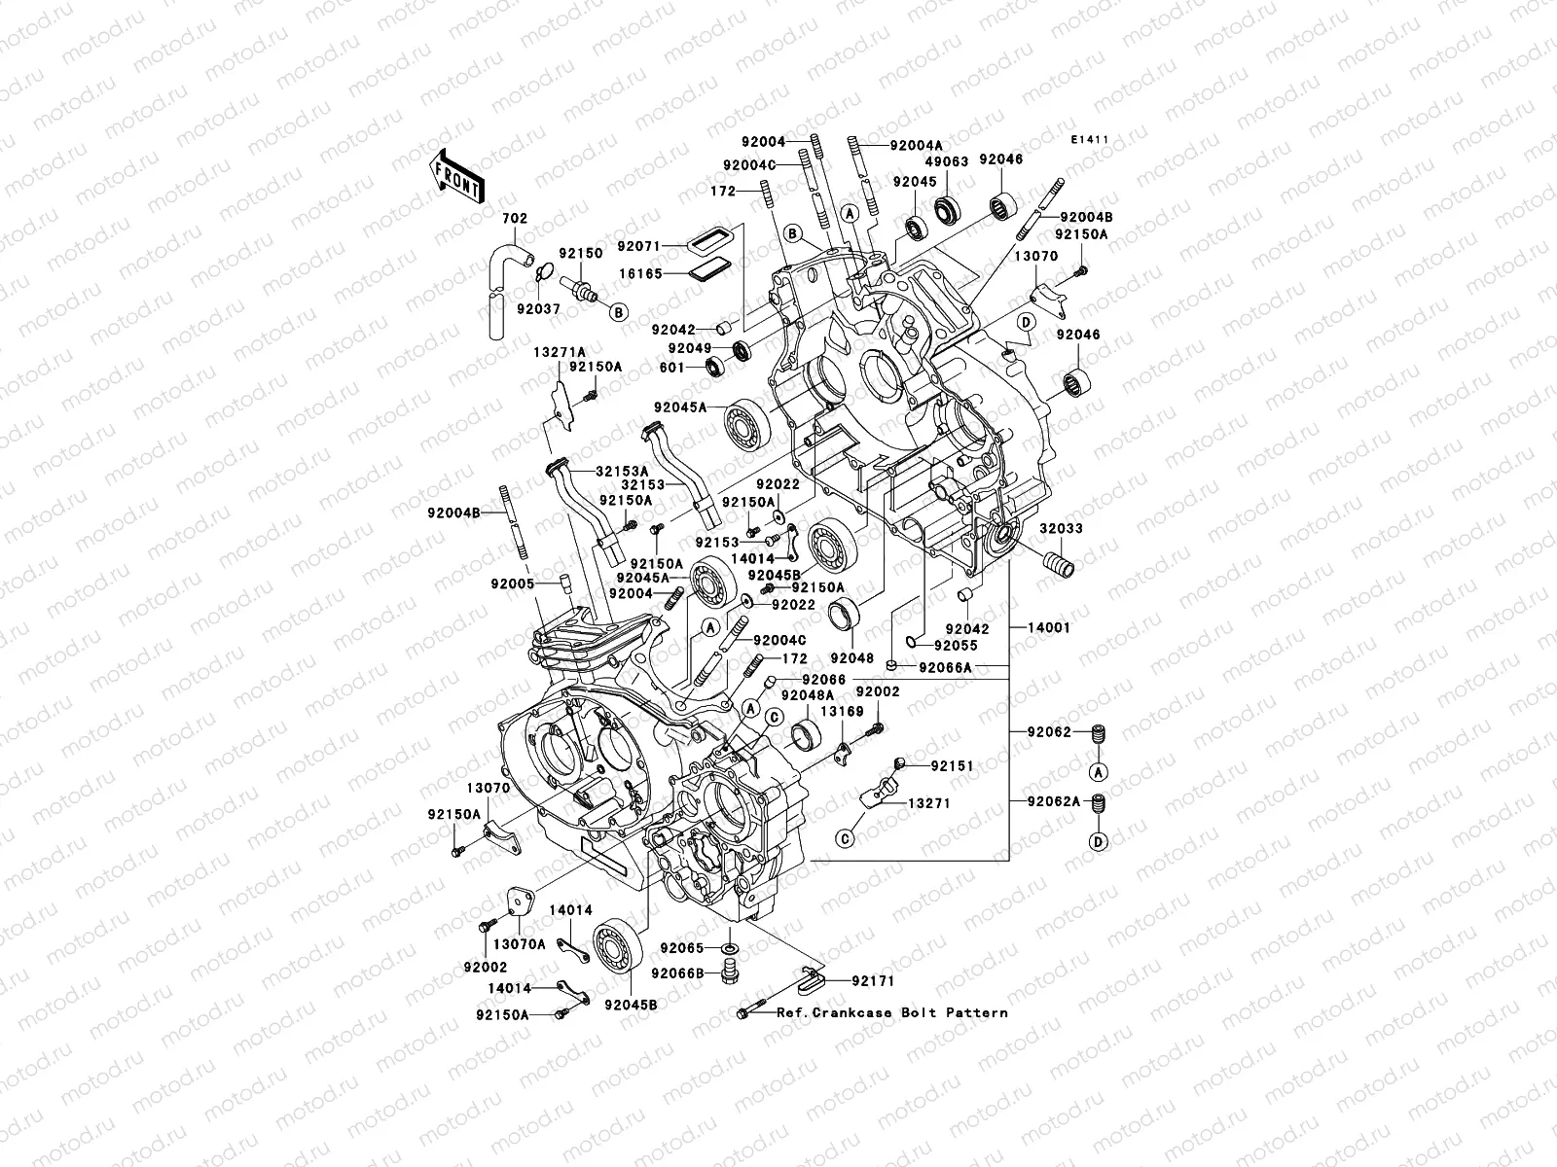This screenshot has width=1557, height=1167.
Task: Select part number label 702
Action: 515,220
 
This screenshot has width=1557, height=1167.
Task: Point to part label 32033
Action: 1060,529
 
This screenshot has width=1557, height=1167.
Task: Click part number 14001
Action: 1048,628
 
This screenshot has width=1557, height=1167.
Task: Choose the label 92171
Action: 874,981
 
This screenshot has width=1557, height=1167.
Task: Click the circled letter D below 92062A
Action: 1098,842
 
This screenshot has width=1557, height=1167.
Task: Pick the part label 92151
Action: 952,766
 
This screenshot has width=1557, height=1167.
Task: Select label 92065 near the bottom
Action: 692,947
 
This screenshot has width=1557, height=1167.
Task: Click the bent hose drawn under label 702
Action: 502,277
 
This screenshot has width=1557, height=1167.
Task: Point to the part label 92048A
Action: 811,695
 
